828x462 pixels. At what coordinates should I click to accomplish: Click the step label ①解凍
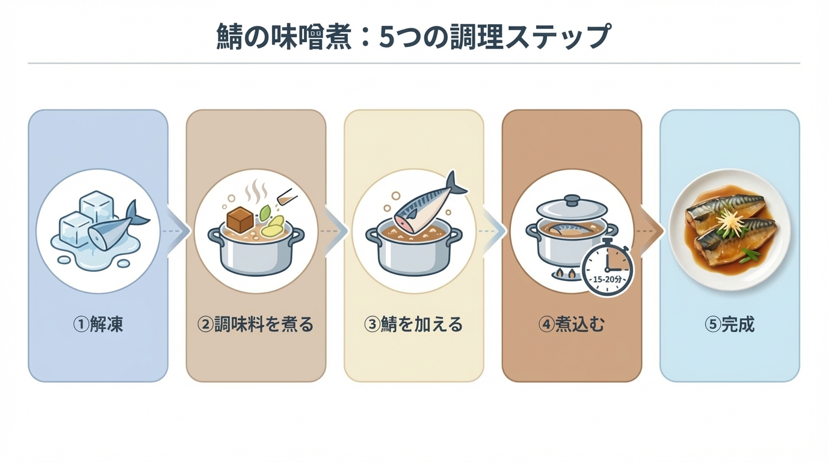pyautogui.click(x=98, y=324)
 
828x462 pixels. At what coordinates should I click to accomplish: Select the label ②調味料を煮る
pyautogui.click(x=256, y=324)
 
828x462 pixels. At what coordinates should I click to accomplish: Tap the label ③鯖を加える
pyautogui.click(x=413, y=324)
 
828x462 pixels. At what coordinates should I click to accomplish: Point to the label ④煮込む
pyautogui.click(x=572, y=324)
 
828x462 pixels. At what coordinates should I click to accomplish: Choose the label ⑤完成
pyautogui.click(x=730, y=324)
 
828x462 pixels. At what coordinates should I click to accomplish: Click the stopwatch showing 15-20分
pyautogui.click(x=607, y=268)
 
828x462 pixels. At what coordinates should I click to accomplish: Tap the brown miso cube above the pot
pyautogui.click(x=240, y=220)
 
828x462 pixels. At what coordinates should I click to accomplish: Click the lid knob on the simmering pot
pyautogui.click(x=572, y=200)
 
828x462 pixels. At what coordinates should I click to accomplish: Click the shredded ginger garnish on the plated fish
pyautogui.click(x=728, y=221)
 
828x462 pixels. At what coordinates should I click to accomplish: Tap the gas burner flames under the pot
pyautogui.click(x=565, y=274)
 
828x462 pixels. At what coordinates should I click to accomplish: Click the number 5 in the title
pyautogui.click(x=386, y=37)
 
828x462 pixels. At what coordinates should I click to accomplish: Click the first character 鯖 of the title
pyautogui.click(x=229, y=36)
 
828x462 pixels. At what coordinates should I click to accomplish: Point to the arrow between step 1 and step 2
pyautogui.click(x=177, y=231)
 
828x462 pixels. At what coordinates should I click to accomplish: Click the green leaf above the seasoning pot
pyautogui.click(x=264, y=214)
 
